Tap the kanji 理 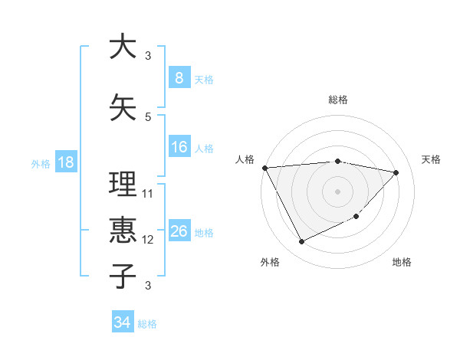tap(122, 185)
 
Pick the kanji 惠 tap(122, 231)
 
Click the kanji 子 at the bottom tap(122, 276)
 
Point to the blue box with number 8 tap(179, 78)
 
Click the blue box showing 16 tap(179, 147)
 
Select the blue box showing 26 tap(179, 231)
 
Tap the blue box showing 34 tap(122, 322)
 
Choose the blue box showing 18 tap(65, 162)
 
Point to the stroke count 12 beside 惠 tap(148, 240)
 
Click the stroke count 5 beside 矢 tap(148, 116)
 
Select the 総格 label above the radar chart tap(337, 100)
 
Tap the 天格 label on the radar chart tap(432, 159)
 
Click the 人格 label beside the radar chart tap(245, 159)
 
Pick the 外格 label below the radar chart tap(270, 262)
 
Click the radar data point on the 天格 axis tap(396, 172)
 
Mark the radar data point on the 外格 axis tap(301, 242)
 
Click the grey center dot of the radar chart tap(337, 191)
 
